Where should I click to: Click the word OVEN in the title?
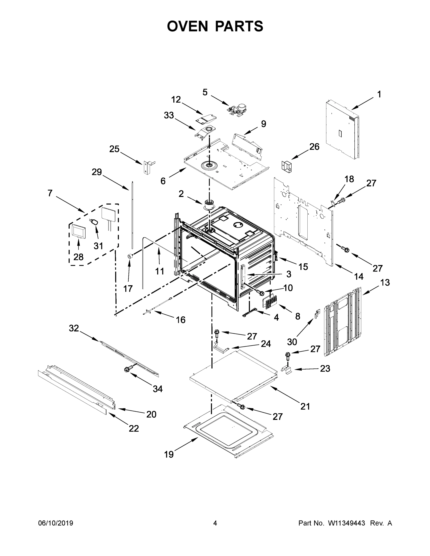188,26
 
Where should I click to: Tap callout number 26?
314,147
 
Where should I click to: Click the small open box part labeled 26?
287,166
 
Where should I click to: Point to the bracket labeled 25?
148,167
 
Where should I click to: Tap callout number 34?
157,389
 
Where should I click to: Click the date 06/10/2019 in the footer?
56,523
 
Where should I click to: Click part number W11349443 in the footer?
347,523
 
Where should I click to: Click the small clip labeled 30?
317,314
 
